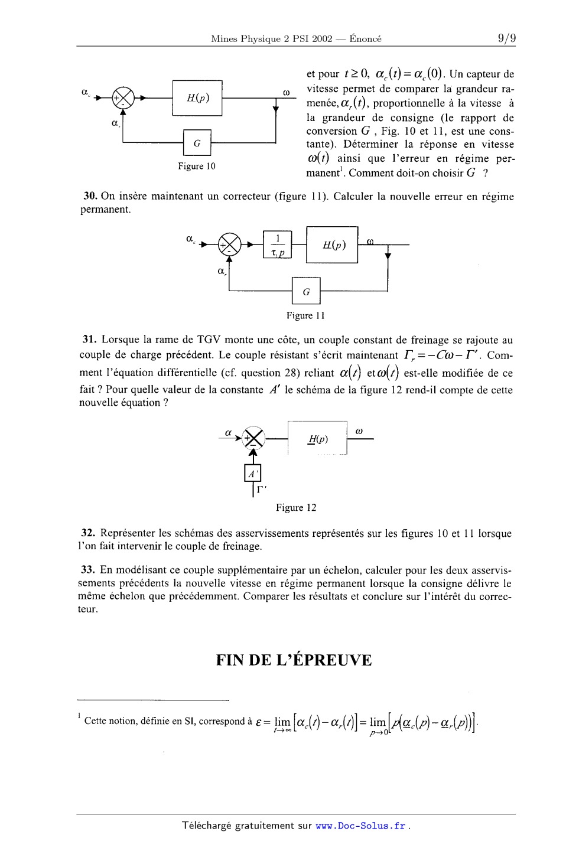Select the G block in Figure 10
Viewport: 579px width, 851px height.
pos(197,143)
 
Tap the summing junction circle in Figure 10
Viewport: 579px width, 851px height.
pos(123,97)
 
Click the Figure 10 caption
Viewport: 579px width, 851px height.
pos(197,166)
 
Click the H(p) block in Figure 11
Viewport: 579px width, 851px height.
pos(333,244)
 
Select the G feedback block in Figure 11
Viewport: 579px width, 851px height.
pos(306,291)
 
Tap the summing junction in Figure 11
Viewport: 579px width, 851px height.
pos(230,244)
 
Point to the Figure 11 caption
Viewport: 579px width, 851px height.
pos(305,315)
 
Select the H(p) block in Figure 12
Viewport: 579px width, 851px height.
pos(317,439)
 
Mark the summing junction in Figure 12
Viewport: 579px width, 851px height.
pos(253,438)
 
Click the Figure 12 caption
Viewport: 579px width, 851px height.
pos(296,508)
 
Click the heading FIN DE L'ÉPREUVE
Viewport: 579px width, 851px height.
pos(294,660)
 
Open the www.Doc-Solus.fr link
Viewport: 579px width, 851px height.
pos(360,826)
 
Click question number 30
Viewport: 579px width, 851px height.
pos(89,197)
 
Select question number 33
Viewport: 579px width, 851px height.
pos(89,570)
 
